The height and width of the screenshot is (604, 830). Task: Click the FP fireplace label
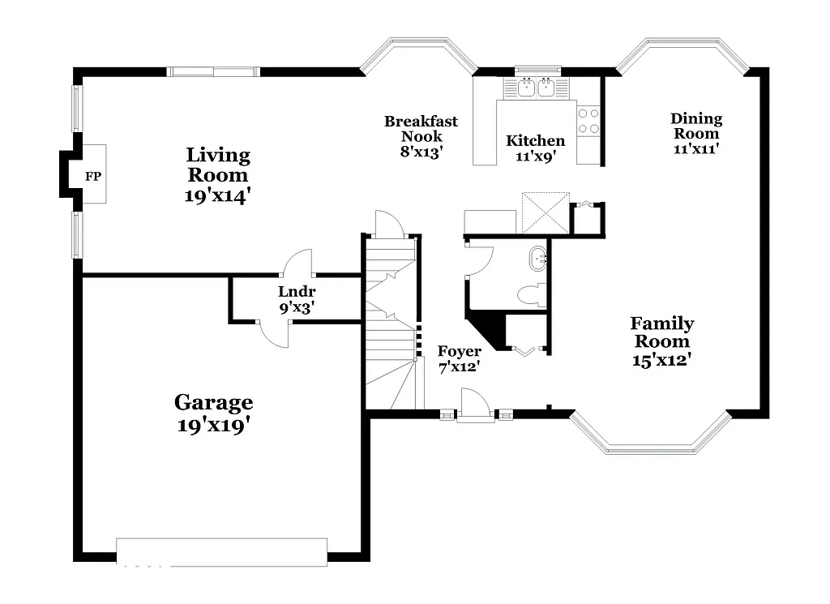93,175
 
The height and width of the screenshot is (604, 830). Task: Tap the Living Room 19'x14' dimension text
218,195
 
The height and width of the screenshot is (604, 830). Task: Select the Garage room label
214,402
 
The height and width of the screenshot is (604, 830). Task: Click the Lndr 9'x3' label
296,299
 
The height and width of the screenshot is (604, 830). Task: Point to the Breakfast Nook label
421,129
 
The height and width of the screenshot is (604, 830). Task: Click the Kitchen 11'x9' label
535,148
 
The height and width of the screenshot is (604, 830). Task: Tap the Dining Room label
696,126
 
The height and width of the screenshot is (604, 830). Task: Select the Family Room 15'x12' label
662,341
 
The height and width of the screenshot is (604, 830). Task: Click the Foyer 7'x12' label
460,358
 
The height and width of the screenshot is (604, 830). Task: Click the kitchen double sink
536,86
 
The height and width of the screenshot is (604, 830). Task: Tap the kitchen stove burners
588,121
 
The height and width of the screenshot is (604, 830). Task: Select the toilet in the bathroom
532,295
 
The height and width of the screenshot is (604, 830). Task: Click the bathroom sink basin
538,260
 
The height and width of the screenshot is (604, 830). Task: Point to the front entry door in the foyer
475,405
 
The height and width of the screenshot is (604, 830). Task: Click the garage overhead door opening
222,551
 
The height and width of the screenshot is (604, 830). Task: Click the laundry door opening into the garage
273,333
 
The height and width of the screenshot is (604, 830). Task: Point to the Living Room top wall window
214,71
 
